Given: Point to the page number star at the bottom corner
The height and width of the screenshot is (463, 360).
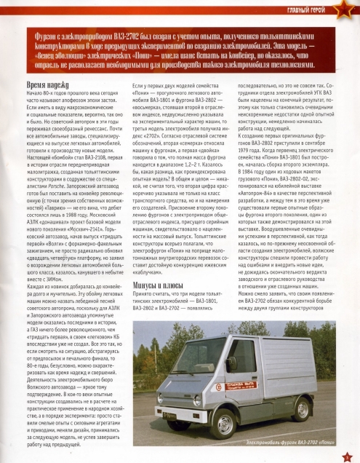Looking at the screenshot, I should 347,454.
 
